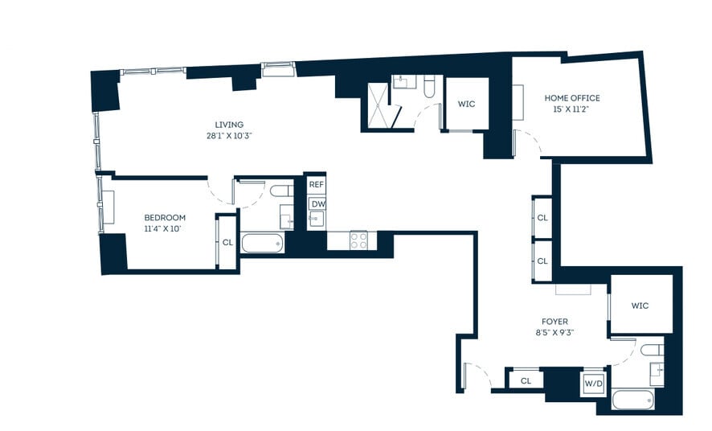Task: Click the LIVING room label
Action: [x=229, y=125]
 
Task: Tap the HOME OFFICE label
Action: [x=572, y=98]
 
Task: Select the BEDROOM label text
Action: [x=165, y=217]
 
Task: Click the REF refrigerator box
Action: [x=317, y=184]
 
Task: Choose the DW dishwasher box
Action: [x=317, y=203]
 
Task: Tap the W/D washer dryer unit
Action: [x=594, y=383]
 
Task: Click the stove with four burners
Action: [x=358, y=239]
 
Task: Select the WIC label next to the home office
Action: [x=467, y=104]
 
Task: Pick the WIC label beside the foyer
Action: [x=640, y=306]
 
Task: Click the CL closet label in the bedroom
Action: [x=227, y=241]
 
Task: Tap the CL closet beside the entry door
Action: [x=526, y=380]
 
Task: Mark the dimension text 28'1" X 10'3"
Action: [x=229, y=136]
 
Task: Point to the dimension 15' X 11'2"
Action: [x=572, y=109]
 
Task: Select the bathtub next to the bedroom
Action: [x=262, y=242]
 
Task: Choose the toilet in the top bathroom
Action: [x=429, y=86]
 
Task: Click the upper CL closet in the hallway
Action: [x=542, y=217]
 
